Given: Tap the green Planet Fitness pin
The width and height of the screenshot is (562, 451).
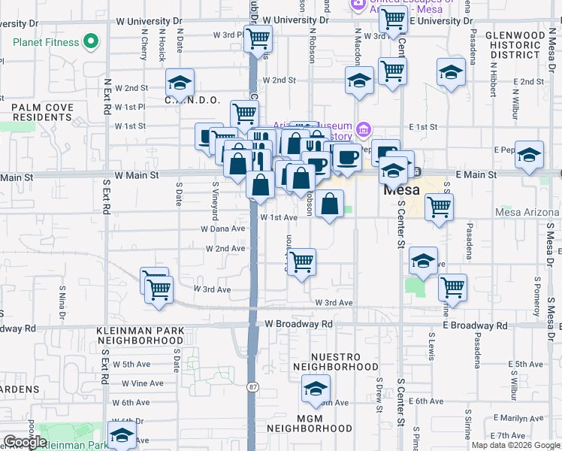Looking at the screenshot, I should [x=92, y=41].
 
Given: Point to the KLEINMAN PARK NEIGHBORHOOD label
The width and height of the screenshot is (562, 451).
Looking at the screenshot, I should [x=140, y=335].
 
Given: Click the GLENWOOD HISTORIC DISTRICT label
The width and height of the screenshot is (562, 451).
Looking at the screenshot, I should [x=515, y=45].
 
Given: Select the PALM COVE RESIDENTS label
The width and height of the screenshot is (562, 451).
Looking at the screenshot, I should [x=42, y=113].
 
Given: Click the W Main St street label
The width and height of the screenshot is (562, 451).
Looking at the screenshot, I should [x=137, y=175].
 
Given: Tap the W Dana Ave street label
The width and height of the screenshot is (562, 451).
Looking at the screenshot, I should [x=223, y=229].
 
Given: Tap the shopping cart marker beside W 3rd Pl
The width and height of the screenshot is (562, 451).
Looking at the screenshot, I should [x=258, y=38].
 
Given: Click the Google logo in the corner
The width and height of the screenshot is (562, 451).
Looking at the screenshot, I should [x=25, y=442].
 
